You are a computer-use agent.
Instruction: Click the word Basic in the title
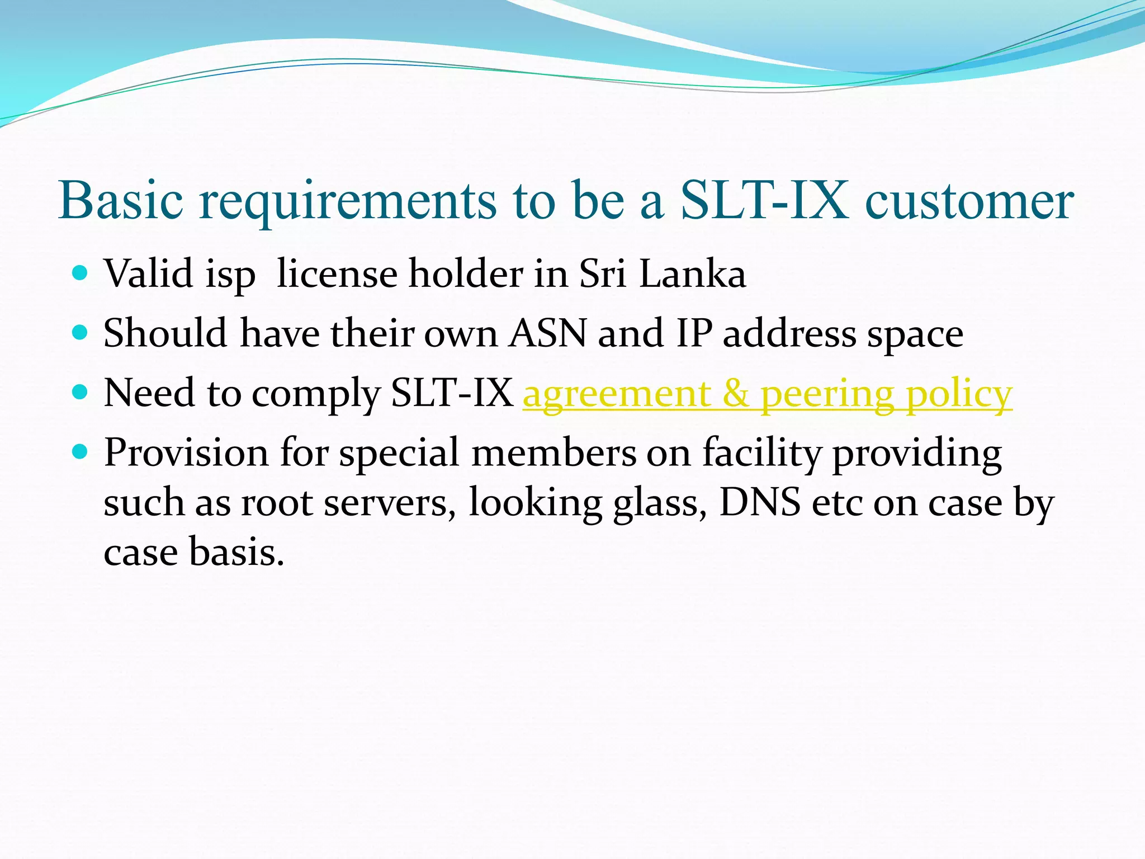pyautogui.click(x=121, y=201)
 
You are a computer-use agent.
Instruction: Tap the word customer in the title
pyautogui.click(x=969, y=201)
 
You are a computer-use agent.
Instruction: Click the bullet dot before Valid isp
pyautogui.click(x=81, y=273)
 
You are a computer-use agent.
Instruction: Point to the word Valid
pyautogui.click(x=149, y=274)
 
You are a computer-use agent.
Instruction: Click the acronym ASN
pyautogui.click(x=547, y=334)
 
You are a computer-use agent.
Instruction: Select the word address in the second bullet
pyautogui.click(x=789, y=334)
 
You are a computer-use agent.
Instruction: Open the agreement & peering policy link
pyautogui.click(x=767, y=394)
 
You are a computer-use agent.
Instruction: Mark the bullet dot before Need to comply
pyautogui.click(x=81, y=393)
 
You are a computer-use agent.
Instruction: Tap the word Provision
pyautogui.click(x=186, y=452)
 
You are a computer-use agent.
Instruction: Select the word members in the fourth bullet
pyautogui.click(x=553, y=452)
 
